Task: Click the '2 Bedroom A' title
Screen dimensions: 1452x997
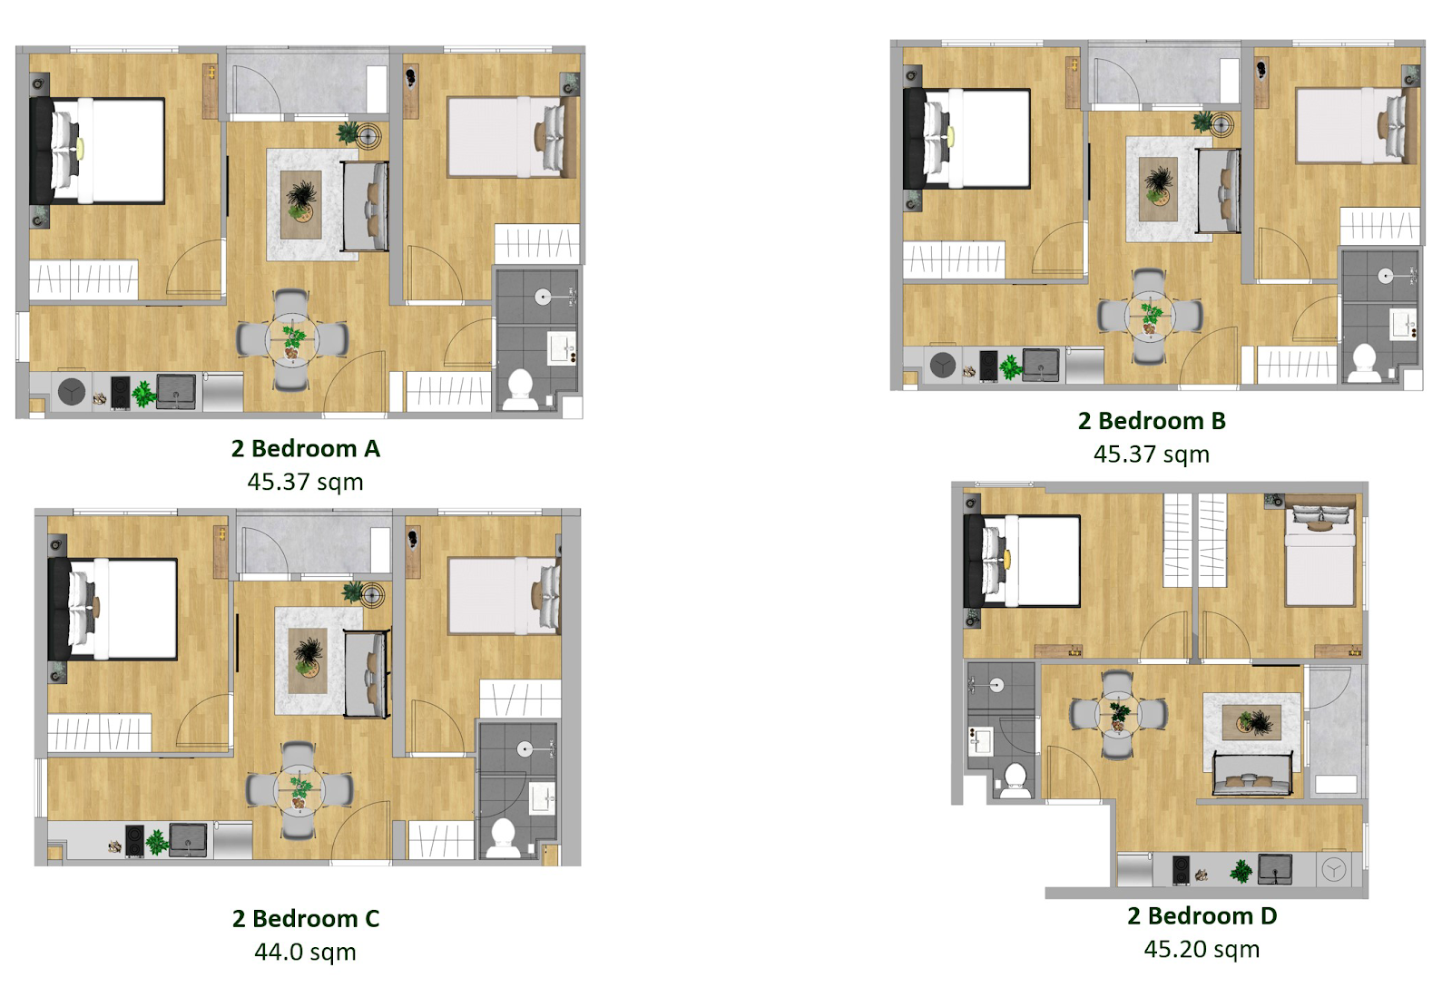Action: click(x=305, y=448)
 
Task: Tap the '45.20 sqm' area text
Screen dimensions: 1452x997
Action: click(x=1202, y=949)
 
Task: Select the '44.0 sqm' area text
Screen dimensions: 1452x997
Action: click(x=305, y=952)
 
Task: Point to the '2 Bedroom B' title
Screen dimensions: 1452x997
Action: click(x=1152, y=420)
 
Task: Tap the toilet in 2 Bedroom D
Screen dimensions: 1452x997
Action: click(x=1015, y=780)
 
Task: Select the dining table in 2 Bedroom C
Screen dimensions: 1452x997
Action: click(x=299, y=790)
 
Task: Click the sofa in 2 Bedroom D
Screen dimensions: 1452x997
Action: click(x=1252, y=774)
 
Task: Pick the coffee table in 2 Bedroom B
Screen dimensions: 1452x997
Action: click(x=1158, y=190)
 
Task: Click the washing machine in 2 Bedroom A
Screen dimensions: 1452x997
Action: click(x=72, y=391)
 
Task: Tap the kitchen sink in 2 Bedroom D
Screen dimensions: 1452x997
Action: click(x=1274, y=869)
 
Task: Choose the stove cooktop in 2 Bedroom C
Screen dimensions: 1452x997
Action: click(x=134, y=841)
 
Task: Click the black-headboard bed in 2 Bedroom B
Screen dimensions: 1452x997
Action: click(x=967, y=139)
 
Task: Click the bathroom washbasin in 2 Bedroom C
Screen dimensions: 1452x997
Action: click(x=542, y=798)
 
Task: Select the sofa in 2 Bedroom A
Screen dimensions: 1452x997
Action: click(x=366, y=206)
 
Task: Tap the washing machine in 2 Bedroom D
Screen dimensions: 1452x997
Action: click(x=1334, y=869)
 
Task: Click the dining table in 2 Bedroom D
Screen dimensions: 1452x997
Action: click(x=1118, y=714)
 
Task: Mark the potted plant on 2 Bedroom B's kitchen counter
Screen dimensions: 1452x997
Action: click(x=1010, y=367)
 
